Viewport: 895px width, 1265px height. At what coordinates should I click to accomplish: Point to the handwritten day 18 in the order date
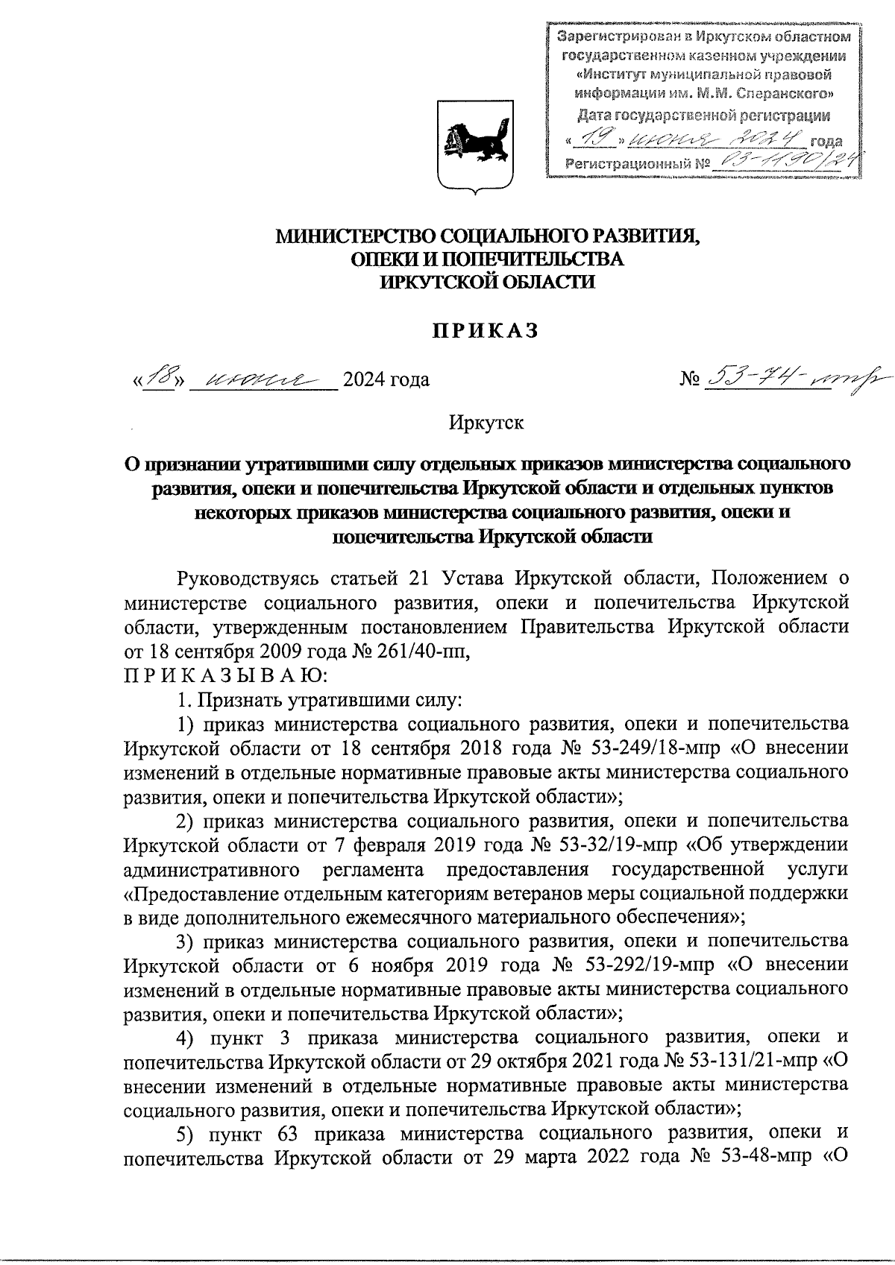click(159, 378)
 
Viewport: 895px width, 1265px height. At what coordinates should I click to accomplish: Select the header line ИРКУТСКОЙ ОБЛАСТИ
click(487, 282)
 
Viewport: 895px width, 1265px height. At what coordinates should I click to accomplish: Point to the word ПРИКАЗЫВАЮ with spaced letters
click(222, 676)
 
